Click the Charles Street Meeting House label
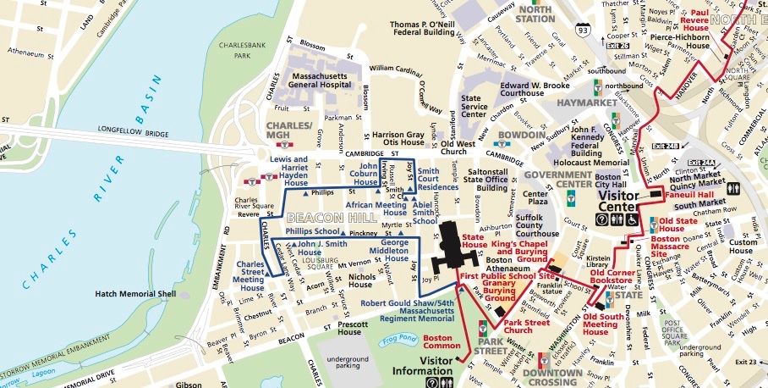click(x=251, y=275)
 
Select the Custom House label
click(x=741, y=247)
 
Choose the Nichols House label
click(x=361, y=280)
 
